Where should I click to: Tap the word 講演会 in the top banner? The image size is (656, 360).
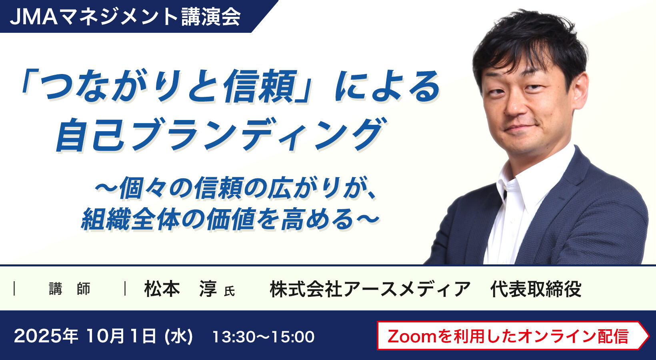coord(211,17)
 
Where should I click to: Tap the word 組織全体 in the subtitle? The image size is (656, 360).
coord(130,219)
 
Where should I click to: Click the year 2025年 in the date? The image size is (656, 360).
coord(46,336)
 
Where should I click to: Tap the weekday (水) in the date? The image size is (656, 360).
coord(179,336)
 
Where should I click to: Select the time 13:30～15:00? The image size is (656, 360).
coord(263,337)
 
